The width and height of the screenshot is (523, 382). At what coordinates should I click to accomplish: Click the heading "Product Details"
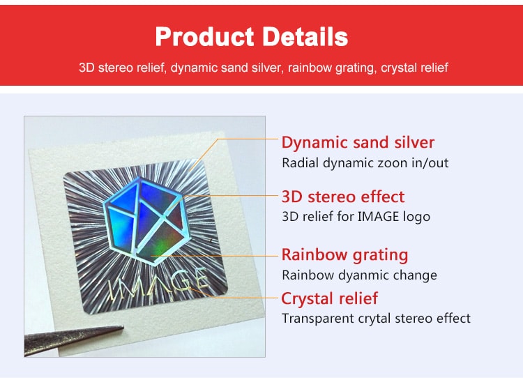[252, 37]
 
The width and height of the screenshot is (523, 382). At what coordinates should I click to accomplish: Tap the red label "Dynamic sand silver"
[358, 142]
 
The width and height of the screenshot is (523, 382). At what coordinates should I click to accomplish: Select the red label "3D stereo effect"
[343, 197]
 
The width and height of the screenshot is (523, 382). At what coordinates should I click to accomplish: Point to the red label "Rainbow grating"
[345, 254]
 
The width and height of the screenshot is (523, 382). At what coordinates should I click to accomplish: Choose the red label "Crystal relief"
[330, 298]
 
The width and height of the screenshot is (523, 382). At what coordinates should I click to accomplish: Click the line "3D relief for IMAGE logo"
[356, 217]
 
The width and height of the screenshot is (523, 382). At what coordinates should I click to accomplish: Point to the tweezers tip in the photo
[122, 328]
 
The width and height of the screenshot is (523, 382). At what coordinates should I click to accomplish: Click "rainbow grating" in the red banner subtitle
[332, 68]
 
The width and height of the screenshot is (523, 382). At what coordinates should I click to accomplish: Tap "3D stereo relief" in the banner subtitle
[122, 68]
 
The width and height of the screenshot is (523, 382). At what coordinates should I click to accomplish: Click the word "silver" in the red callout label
[414, 142]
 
